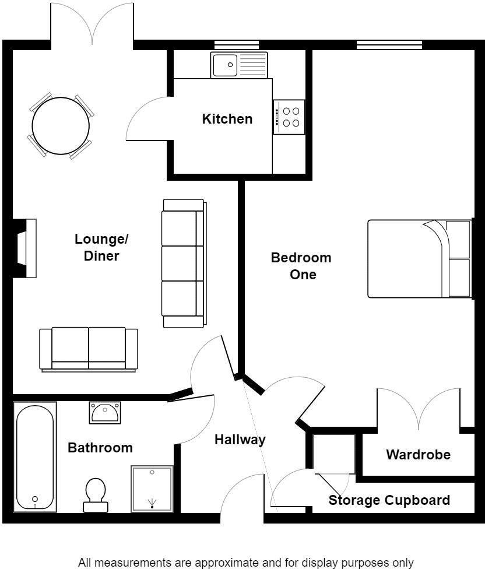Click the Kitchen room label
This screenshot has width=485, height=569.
pyautogui.click(x=227, y=119)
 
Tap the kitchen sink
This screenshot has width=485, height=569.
pyautogui.click(x=240, y=65)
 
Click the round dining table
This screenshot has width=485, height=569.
pyautogui.click(x=61, y=125)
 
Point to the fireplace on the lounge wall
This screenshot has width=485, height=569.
pyautogui.click(x=25, y=247)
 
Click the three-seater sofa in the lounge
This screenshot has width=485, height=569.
pyautogui.click(x=184, y=263)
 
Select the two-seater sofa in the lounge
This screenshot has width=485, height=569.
pyautogui.click(x=89, y=349)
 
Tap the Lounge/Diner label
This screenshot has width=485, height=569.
pyautogui.click(x=101, y=247)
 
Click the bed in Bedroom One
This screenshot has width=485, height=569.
pyautogui.click(x=419, y=259)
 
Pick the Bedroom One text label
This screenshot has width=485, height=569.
pyautogui.click(x=301, y=266)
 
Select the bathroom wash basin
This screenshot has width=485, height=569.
pyautogui.click(x=105, y=412)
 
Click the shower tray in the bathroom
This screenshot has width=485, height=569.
pyautogui.click(x=152, y=489)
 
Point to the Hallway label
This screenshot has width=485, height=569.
pyautogui.click(x=240, y=440)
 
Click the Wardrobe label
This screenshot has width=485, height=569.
pyautogui.click(x=418, y=454)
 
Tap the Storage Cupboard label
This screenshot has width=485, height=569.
pyautogui.click(x=389, y=500)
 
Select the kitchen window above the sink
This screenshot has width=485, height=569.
pyautogui.click(x=236, y=44)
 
